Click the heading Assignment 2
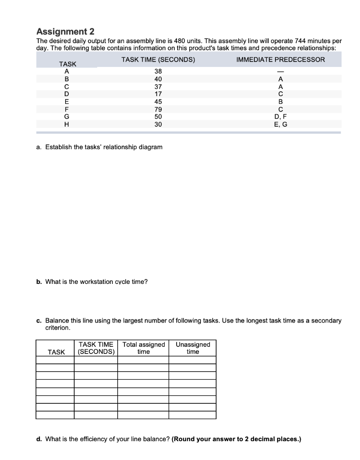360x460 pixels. click(x=65, y=31)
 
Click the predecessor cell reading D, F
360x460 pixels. click(x=280, y=117)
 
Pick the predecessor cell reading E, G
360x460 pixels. click(x=280, y=124)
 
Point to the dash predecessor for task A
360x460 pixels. click(x=280, y=71)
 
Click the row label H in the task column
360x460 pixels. click(x=67, y=124)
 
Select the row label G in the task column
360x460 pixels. click(x=67, y=117)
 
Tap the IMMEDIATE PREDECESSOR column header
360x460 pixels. click(x=280, y=60)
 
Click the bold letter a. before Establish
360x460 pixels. click(x=39, y=147)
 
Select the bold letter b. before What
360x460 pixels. click(x=39, y=282)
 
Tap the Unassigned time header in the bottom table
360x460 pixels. click(x=193, y=348)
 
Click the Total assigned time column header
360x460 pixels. click(x=143, y=348)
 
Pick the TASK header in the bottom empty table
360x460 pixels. click(x=56, y=352)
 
